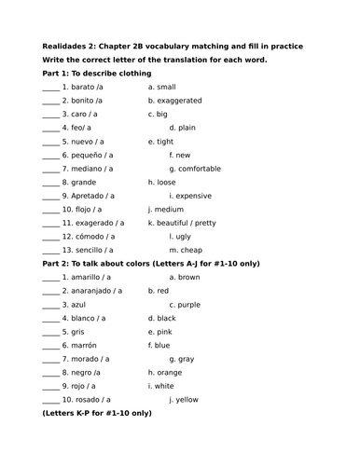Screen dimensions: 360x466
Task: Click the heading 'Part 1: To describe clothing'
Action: (97, 73)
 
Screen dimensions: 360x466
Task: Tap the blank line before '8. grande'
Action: (50, 183)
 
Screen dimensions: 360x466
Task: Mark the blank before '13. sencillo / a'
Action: (50, 251)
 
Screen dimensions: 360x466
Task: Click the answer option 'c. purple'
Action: (184, 304)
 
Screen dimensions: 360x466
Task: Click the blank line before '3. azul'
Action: (50, 305)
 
